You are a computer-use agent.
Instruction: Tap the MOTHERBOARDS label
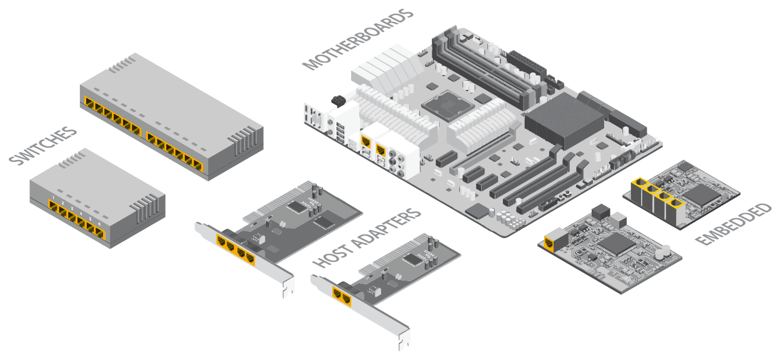357,39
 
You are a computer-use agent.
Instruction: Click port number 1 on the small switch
54,207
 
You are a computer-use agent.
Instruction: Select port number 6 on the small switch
99,232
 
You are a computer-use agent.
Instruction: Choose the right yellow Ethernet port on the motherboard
382,150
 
